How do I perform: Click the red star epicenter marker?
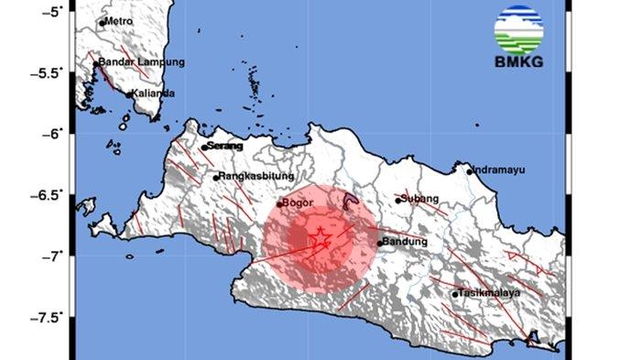(321, 241)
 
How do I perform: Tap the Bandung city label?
(405, 242)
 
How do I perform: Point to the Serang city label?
(226, 146)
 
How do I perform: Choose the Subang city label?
(420, 199)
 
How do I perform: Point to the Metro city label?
(119, 20)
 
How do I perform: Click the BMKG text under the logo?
(519, 62)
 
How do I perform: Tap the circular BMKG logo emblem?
(518, 29)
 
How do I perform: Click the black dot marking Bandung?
(380, 243)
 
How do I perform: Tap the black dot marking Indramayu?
(470, 171)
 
